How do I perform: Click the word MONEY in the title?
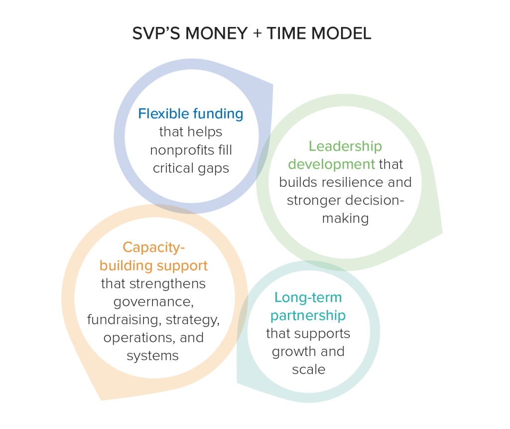[217, 33]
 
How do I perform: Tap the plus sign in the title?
[257, 33]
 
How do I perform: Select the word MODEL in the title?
[341, 33]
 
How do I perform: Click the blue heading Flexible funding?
[191, 114]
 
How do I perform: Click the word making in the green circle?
[346, 219]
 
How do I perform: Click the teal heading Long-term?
[308, 298]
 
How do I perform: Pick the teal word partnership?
[308, 316]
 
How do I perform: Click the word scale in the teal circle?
[309, 370]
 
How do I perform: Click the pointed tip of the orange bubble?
[101, 400]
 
